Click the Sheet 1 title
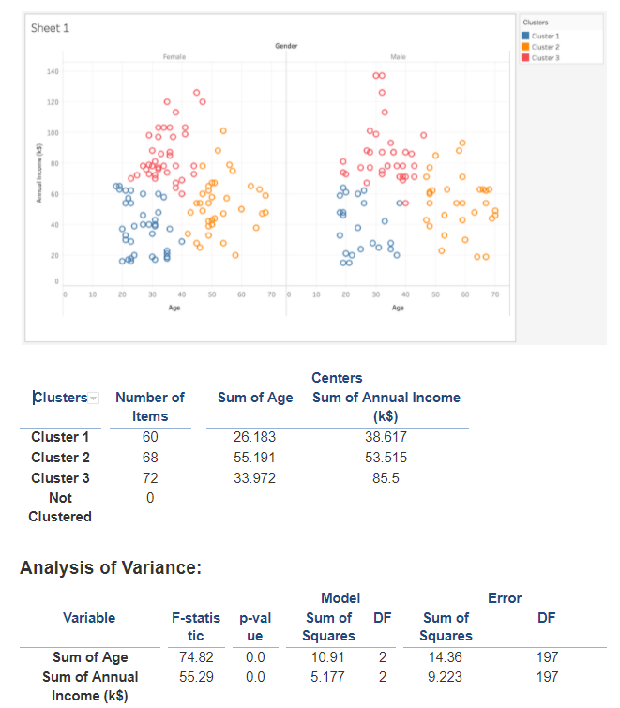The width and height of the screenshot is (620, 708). (x=51, y=28)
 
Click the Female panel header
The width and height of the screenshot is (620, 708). (x=174, y=57)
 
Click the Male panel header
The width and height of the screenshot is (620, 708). (x=398, y=57)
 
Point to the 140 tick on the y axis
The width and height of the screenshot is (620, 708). (x=53, y=72)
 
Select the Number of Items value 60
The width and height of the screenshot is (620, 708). (x=150, y=437)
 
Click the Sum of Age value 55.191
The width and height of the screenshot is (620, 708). (x=255, y=458)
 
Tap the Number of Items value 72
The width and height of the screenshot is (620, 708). (x=150, y=478)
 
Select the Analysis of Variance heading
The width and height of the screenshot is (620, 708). (x=111, y=568)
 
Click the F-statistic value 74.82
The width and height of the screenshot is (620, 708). (x=197, y=657)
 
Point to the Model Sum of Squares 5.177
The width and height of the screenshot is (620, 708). (x=328, y=676)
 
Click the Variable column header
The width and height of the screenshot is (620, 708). (x=89, y=617)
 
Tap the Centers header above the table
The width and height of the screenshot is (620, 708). (x=337, y=378)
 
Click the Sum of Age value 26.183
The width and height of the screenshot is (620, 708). (x=255, y=437)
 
